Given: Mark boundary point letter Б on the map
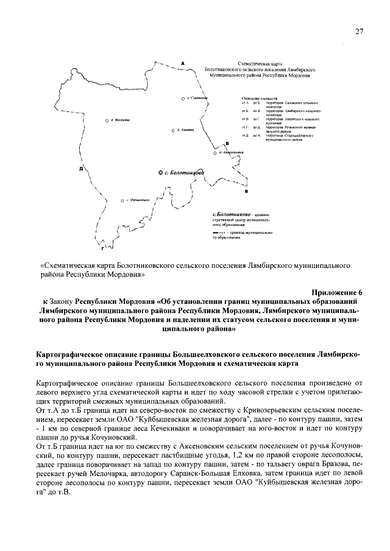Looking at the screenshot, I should (x=227, y=142).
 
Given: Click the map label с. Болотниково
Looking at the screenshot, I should (x=186, y=174).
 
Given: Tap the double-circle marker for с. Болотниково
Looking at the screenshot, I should (x=160, y=174).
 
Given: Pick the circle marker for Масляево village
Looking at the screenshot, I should (x=107, y=120).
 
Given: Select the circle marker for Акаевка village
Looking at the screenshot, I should (x=173, y=130).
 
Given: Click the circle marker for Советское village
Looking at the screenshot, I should (x=183, y=98).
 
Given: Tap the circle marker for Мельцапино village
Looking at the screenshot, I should (x=122, y=200).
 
